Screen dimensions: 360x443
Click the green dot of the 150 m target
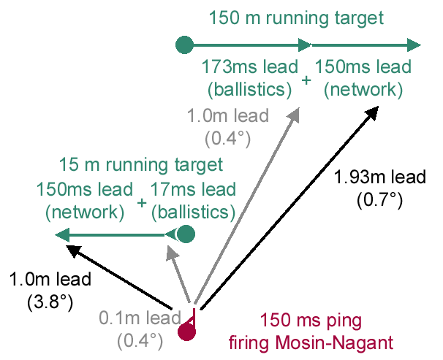click(x=184, y=45)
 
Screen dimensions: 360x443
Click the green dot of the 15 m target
click(x=186, y=234)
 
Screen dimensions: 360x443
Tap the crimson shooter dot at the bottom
click(x=188, y=333)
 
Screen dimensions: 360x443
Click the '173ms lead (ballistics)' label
click(x=248, y=78)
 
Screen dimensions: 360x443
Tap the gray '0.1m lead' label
click(x=140, y=318)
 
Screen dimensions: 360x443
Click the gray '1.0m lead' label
click(x=228, y=115)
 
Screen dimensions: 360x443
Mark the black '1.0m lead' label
click(x=50, y=279)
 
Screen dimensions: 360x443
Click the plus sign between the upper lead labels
click(x=306, y=79)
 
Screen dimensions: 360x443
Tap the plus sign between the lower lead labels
click(x=141, y=202)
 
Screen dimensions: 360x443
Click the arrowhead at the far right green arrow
click(x=417, y=45)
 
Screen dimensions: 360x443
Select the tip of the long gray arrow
click(x=298, y=110)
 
